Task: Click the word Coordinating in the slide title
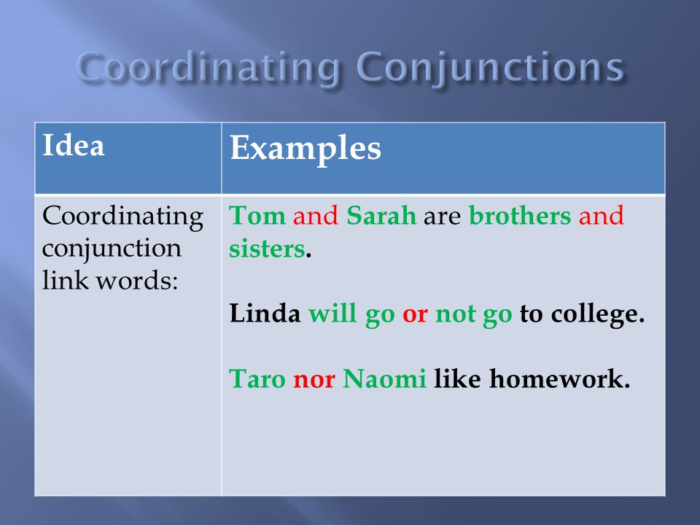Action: click(208, 67)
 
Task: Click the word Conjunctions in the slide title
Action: click(490, 67)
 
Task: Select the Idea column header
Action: click(73, 146)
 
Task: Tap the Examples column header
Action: click(306, 148)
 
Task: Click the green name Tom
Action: click(257, 215)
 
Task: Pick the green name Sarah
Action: click(381, 215)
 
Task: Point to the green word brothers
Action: click(520, 215)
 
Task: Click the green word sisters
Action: click(267, 248)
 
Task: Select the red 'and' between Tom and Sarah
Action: click(316, 215)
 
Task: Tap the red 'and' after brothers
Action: click(601, 215)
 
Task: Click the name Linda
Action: click(265, 313)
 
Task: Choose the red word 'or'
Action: click(415, 314)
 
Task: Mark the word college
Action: click(598, 314)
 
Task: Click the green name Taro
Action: click(257, 378)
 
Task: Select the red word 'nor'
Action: click(314, 381)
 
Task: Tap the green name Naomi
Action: click(384, 378)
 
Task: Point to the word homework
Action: click(559, 378)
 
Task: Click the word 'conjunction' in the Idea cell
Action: click(112, 249)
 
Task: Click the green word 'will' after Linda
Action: click(332, 313)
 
